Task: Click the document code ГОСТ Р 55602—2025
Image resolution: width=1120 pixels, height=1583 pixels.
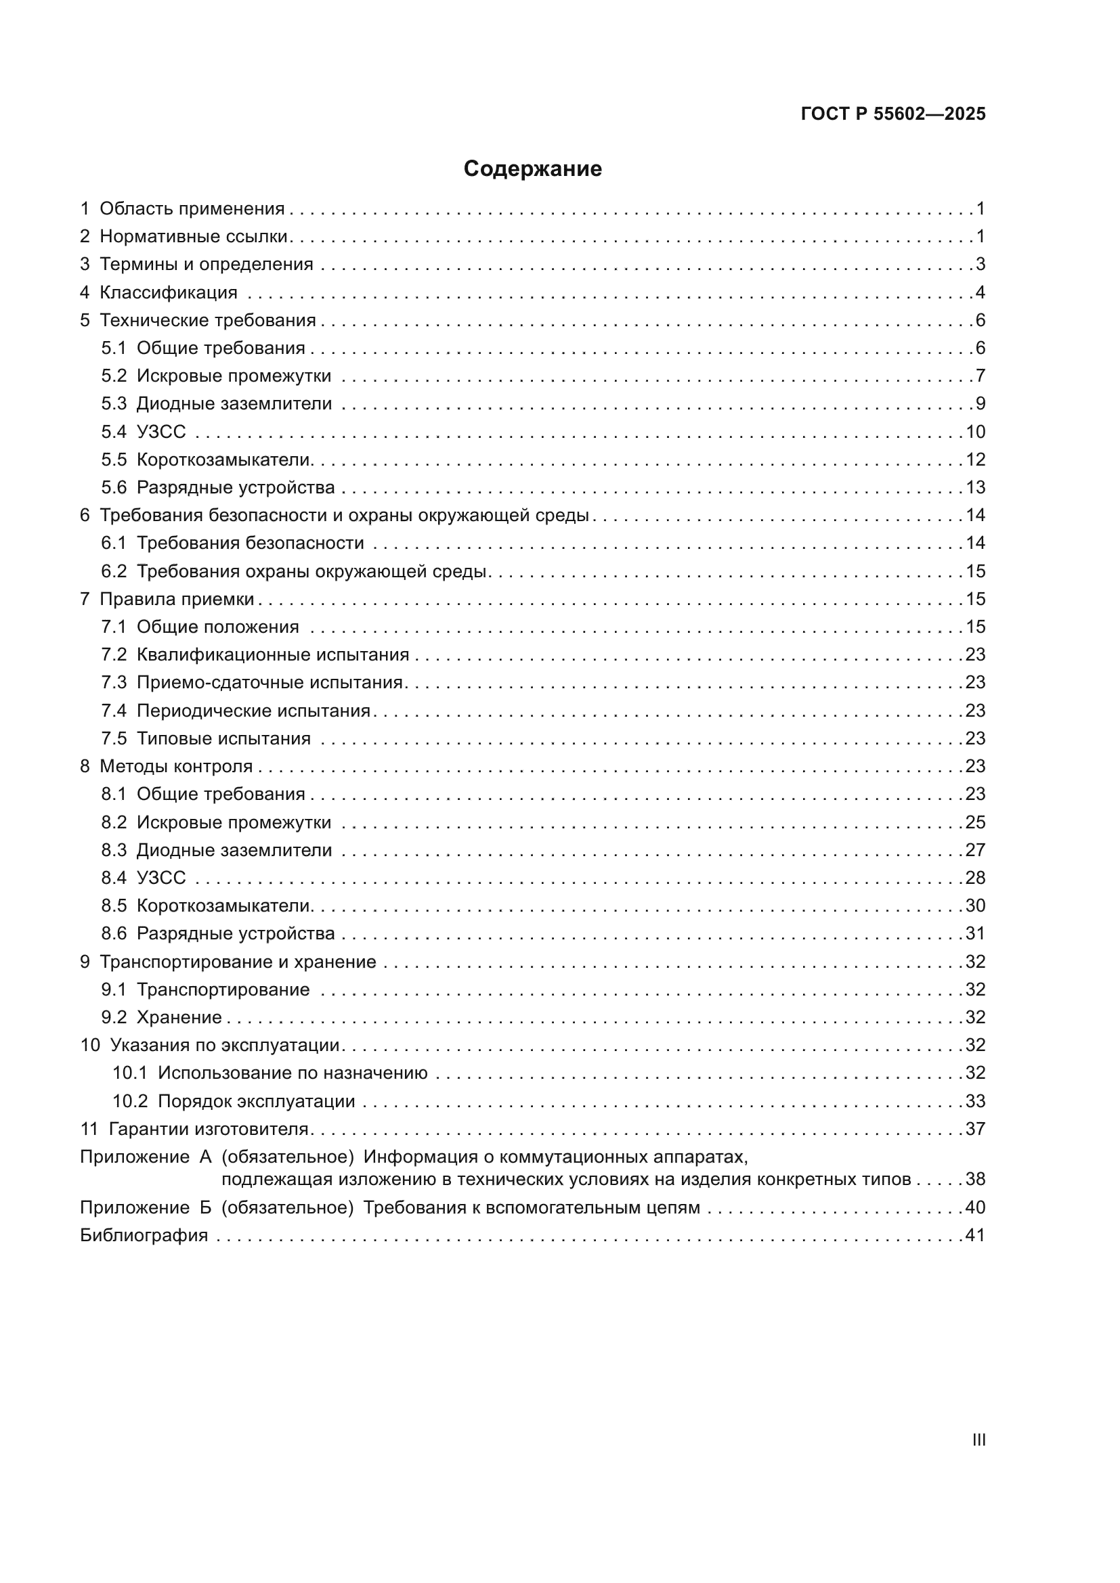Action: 892,114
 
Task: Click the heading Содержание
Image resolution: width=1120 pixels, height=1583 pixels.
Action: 532,169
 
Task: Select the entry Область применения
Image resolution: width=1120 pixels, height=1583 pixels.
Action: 192,209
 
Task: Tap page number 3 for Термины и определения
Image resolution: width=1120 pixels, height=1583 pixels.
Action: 980,264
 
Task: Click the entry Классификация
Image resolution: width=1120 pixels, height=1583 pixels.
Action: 169,292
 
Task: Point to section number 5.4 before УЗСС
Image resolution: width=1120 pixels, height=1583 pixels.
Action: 114,432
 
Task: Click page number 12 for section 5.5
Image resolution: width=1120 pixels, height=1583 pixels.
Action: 975,459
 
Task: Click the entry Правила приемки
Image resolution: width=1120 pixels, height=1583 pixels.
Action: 177,599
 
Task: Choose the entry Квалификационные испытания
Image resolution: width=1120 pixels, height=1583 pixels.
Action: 272,654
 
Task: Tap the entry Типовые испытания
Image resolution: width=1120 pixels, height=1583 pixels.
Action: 223,738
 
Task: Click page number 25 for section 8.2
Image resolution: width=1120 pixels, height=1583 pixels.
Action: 975,822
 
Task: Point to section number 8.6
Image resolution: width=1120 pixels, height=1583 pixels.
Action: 114,933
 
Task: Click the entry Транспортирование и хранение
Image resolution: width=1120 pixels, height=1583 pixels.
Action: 237,961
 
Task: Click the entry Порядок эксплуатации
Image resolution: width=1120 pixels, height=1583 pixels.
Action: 256,1101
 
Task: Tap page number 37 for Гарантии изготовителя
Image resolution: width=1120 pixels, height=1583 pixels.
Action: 975,1129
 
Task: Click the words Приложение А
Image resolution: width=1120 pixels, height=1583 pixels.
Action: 146,1157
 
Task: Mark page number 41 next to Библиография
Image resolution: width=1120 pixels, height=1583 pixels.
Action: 975,1235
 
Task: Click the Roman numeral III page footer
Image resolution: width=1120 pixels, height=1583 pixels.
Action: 978,1440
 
